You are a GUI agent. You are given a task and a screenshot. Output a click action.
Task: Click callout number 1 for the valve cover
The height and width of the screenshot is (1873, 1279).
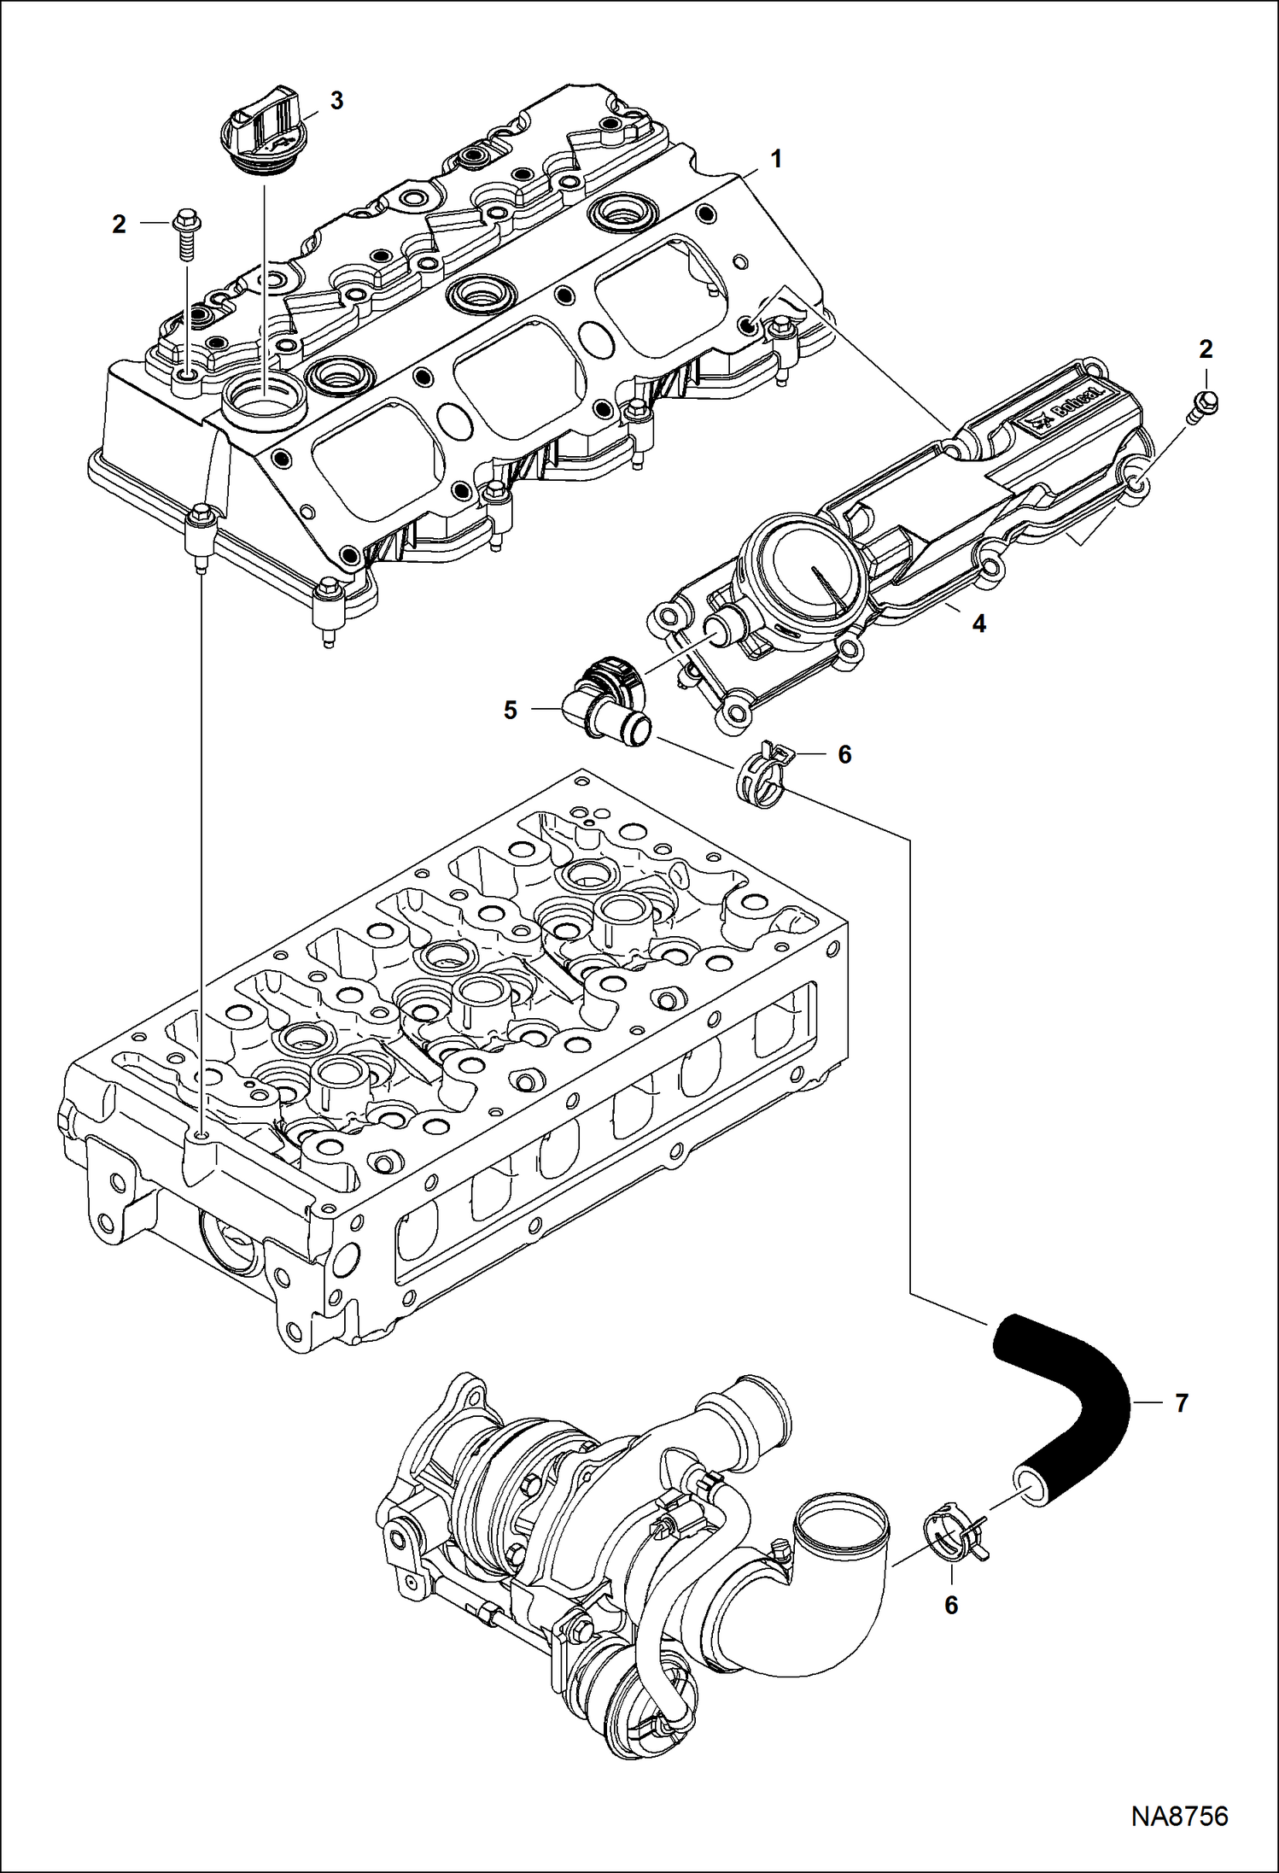tap(776, 159)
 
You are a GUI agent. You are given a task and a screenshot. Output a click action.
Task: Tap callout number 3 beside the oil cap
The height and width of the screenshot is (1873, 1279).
tap(336, 101)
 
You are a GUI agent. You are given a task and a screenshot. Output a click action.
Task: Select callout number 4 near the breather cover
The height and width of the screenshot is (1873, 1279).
tap(978, 624)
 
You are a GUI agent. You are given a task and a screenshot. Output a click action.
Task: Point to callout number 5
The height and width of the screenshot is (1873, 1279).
tap(510, 710)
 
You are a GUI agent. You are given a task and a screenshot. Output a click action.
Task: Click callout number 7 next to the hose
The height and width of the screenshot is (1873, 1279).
tap(1182, 1402)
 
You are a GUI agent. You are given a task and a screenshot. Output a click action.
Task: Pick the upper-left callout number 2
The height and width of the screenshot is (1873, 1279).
tap(119, 225)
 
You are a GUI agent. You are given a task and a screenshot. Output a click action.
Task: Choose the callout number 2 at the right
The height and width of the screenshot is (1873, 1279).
tap(1206, 348)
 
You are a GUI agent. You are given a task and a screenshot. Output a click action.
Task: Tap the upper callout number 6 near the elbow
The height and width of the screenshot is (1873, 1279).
tap(844, 754)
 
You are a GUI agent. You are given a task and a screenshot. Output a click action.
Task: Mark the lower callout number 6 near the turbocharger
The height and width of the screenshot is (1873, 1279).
tap(951, 1606)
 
